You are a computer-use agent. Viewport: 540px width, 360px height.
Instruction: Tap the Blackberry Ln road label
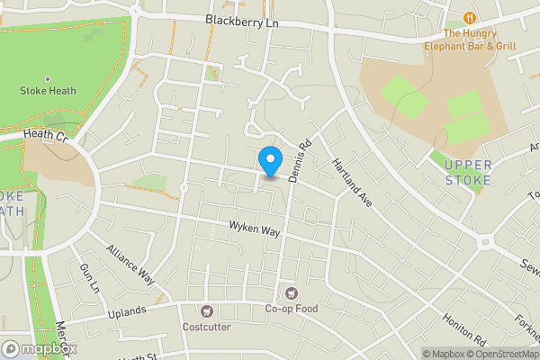coord(238,20)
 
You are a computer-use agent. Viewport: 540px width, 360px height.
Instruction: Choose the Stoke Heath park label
coord(48,91)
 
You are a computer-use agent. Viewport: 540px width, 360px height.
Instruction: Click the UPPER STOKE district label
coord(468,172)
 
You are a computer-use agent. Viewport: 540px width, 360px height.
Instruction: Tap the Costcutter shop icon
coord(208,310)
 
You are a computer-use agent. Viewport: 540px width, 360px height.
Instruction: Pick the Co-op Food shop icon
coord(291,293)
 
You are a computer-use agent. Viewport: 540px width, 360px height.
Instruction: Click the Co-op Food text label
coord(291,310)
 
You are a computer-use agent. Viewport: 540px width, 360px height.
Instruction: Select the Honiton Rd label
coord(463,332)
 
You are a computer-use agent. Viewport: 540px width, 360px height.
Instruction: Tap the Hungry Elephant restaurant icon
coord(469,17)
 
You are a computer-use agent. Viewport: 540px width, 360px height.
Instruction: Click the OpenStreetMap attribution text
coord(503,353)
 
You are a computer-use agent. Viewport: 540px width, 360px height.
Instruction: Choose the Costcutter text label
coord(208,326)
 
